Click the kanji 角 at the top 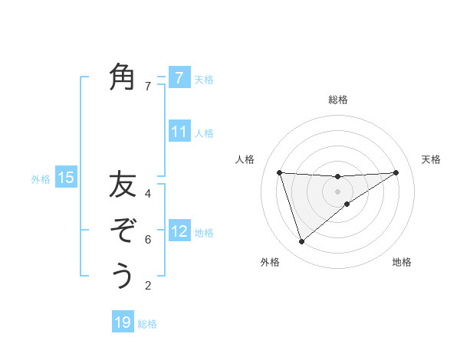(123, 77)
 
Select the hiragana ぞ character (123, 230)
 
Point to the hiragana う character (123, 275)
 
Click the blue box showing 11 (179, 132)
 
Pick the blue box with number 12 (179, 231)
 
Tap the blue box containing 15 (66, 178)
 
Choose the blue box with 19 (123, 322)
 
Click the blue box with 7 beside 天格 (179, 77)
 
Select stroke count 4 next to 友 (148, 193)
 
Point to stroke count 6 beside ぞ (148, 240)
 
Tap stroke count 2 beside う (148, 286)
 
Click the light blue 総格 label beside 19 (147, 324)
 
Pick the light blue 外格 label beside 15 (41, 179)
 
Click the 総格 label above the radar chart (338, 100)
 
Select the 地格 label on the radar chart (402, 262)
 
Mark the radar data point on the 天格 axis (396, 172)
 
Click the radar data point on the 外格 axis (301, 242)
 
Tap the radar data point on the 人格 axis (280, 172)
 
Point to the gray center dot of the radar (338, 191)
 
